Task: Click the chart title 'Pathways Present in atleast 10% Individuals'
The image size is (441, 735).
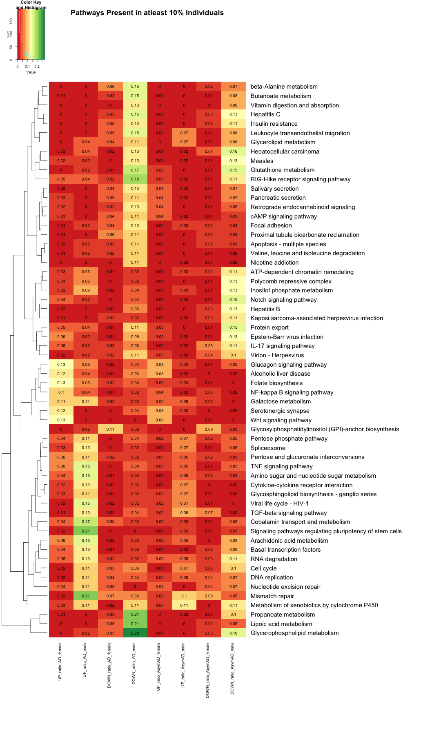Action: point(147,13)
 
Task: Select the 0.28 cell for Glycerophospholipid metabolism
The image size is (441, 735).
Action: point(135,633)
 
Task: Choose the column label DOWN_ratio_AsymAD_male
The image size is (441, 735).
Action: point(232,668)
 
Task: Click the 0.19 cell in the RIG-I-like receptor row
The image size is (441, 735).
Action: point(135,179)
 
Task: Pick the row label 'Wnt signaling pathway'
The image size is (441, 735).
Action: point(281,420)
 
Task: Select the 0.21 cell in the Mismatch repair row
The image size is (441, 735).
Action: point(86,596)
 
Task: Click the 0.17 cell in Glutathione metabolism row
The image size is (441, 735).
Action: point(135,170)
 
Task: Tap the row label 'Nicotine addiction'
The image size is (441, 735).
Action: point(274,263)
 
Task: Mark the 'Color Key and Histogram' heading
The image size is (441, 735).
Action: point(31,5)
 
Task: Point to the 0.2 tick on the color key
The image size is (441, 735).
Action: point(37,66)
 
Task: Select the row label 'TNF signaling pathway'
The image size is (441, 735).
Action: point(281,466)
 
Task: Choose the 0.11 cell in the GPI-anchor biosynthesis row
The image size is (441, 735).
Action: point(110,430)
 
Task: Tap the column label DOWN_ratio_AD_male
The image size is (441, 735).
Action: point(134,663)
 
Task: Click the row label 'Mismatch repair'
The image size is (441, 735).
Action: point(272,596)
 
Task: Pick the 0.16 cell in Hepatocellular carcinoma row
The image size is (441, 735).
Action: point(233,151)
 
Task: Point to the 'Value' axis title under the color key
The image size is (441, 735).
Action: point(31,72)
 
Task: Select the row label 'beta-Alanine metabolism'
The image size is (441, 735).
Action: point(284,87)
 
